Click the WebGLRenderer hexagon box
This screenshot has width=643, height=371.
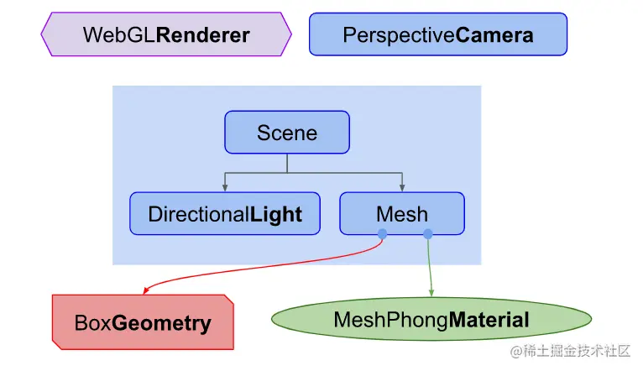166,34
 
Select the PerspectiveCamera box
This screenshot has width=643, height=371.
438,34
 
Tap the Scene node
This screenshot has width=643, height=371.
286,133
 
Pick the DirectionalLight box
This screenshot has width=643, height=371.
225,213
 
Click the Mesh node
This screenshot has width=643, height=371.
401,213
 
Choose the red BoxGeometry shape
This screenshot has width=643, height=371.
143,322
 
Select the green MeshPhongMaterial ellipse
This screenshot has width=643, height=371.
431,319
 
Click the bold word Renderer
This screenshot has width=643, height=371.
203,34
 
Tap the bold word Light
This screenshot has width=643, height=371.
276,214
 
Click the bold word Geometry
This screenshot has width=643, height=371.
162,323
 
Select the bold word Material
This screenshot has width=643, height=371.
489,320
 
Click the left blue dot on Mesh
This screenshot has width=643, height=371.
382,233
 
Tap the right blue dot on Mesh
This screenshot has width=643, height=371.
428,233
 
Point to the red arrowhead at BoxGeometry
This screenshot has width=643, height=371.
146,290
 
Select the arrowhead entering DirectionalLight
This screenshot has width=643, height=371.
225,187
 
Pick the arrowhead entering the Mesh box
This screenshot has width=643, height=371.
403,187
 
